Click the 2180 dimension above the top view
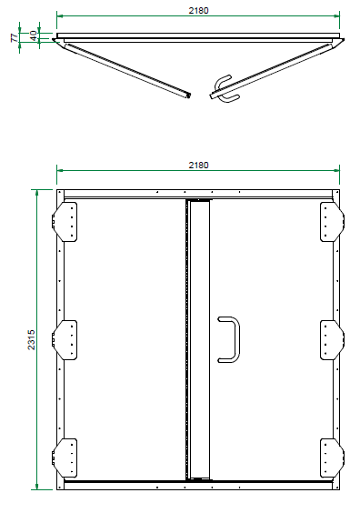pyautogui.click(x=198, y=11)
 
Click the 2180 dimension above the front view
pyautogui.click(x=198, y=166)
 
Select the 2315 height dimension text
pyautogui.click(x=32, y=339)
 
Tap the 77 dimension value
pyautogui.click(x=15, y=37)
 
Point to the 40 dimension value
pyautogui.click(x=33, y=35)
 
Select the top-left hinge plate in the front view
pyautogui.click(x=65, y=222)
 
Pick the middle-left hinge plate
pyautogui.click(x=65, y=340)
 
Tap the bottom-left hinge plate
pyautogui.click(x=65, y=458)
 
